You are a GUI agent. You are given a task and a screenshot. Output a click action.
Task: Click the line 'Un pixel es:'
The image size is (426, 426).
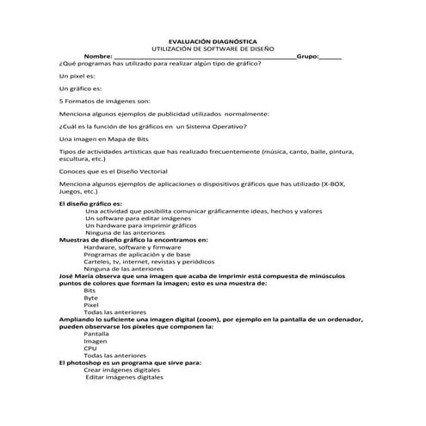[77, 76]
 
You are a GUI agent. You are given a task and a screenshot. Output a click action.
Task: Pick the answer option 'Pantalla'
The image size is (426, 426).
[96, 334]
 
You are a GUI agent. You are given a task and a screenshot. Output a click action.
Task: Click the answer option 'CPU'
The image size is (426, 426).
[90, 349]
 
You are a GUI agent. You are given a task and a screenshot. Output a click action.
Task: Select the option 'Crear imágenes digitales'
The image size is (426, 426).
[123, 370]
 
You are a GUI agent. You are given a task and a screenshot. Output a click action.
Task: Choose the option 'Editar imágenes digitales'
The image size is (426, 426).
[124, 378]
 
